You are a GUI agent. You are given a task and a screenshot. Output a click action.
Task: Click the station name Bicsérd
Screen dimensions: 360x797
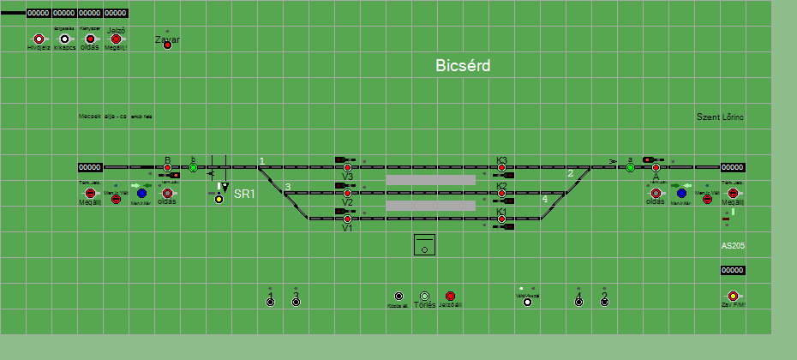point(462,65)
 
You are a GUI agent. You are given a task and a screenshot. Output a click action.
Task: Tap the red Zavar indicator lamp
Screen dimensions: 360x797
point(167,45)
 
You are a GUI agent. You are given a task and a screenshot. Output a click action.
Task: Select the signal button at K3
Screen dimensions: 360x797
point(501,168)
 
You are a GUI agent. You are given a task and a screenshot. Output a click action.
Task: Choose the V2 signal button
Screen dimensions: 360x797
point(347,193)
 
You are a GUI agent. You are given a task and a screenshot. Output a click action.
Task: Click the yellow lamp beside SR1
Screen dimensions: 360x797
point(219,199)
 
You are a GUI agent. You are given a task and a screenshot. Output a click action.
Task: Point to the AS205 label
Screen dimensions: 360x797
point(733,245)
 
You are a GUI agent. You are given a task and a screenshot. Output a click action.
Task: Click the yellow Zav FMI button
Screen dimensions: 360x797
point(733,296)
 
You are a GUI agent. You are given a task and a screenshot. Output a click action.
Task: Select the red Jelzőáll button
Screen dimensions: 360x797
point(450,296)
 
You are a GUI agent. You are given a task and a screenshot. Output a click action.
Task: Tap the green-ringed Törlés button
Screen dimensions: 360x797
point(424,296)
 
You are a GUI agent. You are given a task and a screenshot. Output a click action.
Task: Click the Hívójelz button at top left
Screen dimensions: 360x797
point(39,39)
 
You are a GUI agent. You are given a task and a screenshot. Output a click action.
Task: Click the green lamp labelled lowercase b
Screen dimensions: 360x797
point(193,167)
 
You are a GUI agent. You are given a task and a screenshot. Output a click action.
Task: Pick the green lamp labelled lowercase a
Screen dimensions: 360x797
point(630,167)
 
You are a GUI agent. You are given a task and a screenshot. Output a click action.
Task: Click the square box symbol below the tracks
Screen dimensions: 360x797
point(424,244)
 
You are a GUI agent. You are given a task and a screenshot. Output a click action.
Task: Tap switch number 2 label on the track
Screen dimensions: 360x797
point(570,174)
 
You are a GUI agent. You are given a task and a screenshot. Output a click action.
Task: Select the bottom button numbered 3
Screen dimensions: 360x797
point(296,302)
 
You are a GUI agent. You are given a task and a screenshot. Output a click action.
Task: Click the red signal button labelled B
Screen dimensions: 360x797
point(168,167)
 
